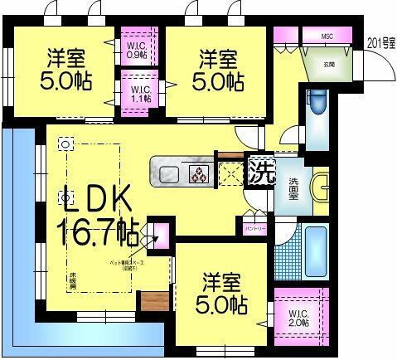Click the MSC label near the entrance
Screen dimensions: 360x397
[x=327, y=36]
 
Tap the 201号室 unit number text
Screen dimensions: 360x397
[x=380, y=41]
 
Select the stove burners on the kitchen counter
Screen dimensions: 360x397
[x=200, y=174]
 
